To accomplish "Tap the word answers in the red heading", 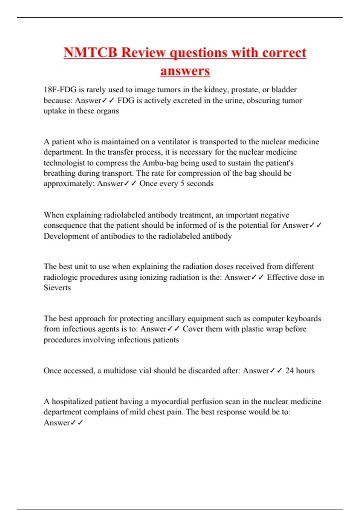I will [185, 71].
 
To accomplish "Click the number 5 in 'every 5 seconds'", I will [182, 184].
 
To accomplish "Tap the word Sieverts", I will [57, 288].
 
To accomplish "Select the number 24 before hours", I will [289, 371].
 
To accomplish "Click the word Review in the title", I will [143, 53].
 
